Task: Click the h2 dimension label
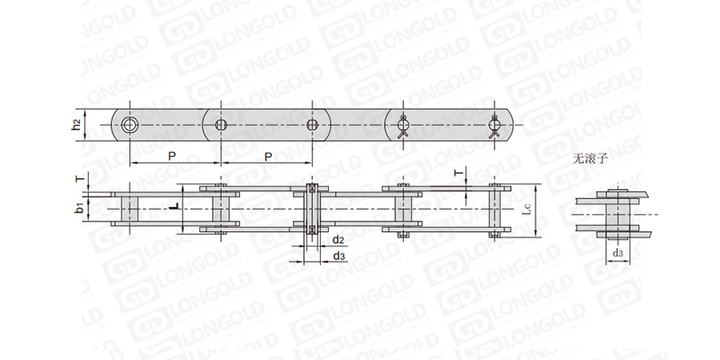click(x=77, y=125)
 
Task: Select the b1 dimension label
click(x=79, y=208)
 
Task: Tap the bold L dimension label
click(x=172, y=207)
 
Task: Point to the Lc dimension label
click(x=528, y=210)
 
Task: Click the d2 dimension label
click(x=338, y=239)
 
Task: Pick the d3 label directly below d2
click(x=339, y=256)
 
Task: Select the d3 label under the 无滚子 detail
click(x=618, y=253)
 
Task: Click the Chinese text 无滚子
click(x=590, y=159)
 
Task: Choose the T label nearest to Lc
click(x=457, y=173)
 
